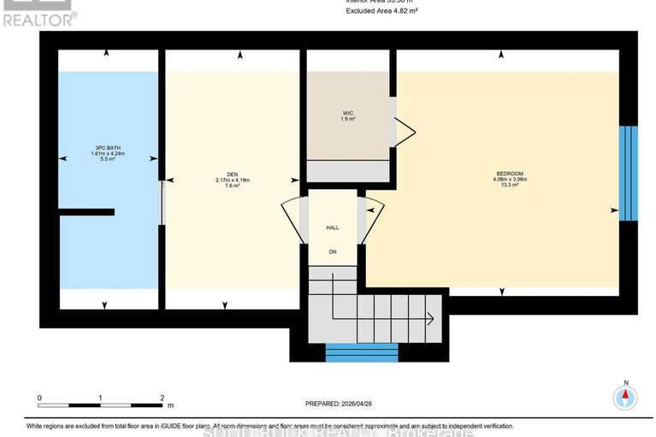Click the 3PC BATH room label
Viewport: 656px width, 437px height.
click(x=108, y=148)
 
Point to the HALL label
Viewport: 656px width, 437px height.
click(x=333, y=228)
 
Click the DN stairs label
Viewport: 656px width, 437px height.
click(x=333, y=251)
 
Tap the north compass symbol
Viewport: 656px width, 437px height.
click(x=626, y=397)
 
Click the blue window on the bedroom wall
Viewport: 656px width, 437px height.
click(x=628, y=173)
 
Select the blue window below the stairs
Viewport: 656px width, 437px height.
click(x=361, y=352)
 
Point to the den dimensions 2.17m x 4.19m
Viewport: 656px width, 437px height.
click(x=232, y=180)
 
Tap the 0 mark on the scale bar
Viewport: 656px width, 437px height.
click(x=39, y=399)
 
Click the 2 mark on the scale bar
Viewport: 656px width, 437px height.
click(x=162, y=399)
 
